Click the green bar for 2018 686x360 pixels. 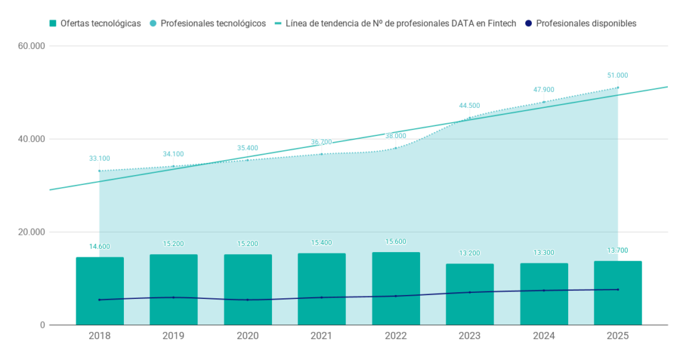[100, 291]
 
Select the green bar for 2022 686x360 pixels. [396, 289]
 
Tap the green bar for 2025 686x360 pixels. [618, 293]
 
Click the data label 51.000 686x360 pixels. [617, 75]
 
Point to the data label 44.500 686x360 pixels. [470, 105]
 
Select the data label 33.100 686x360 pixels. [100, 158]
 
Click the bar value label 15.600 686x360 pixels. [395, 242]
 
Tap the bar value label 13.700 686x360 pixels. [617, 251]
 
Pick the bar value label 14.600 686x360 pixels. [100, 247]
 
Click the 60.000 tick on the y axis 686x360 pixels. [31, 46]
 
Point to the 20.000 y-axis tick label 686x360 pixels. [31, 232]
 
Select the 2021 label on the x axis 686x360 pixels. [322, 336]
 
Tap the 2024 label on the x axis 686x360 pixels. [544, 336]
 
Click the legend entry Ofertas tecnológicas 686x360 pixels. [95, 23]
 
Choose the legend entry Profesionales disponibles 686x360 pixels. [581, 23]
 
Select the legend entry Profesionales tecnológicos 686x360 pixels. [208, 23]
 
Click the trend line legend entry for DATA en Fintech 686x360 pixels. [395, 23]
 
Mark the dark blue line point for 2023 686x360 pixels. [470, 292]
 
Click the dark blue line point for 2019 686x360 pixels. [174, 298]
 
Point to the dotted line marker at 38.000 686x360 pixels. [396, 148]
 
